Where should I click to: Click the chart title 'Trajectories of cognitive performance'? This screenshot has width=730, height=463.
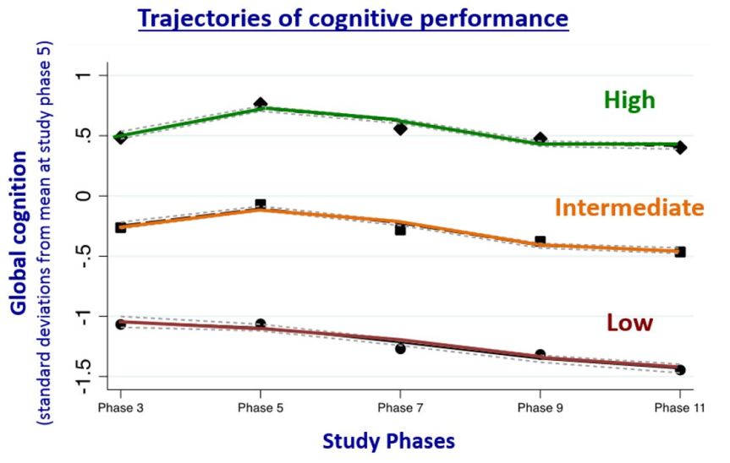click(x=353, y=19)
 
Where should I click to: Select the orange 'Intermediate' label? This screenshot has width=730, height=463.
click(x=629, y=207)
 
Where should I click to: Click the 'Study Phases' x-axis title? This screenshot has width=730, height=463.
click(x=377, y=441)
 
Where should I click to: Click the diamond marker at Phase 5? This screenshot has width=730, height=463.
click(x=261, y=104)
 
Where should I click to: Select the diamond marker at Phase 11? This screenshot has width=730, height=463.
click(x=680, y=148)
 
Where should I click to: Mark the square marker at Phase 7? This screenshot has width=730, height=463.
click(x=400, y=229)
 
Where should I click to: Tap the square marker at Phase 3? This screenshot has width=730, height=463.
click(x=120, y=227)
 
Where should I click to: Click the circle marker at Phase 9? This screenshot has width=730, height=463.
click(x=541, y=355)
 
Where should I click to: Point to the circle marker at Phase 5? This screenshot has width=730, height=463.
click(x=261, y=324)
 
